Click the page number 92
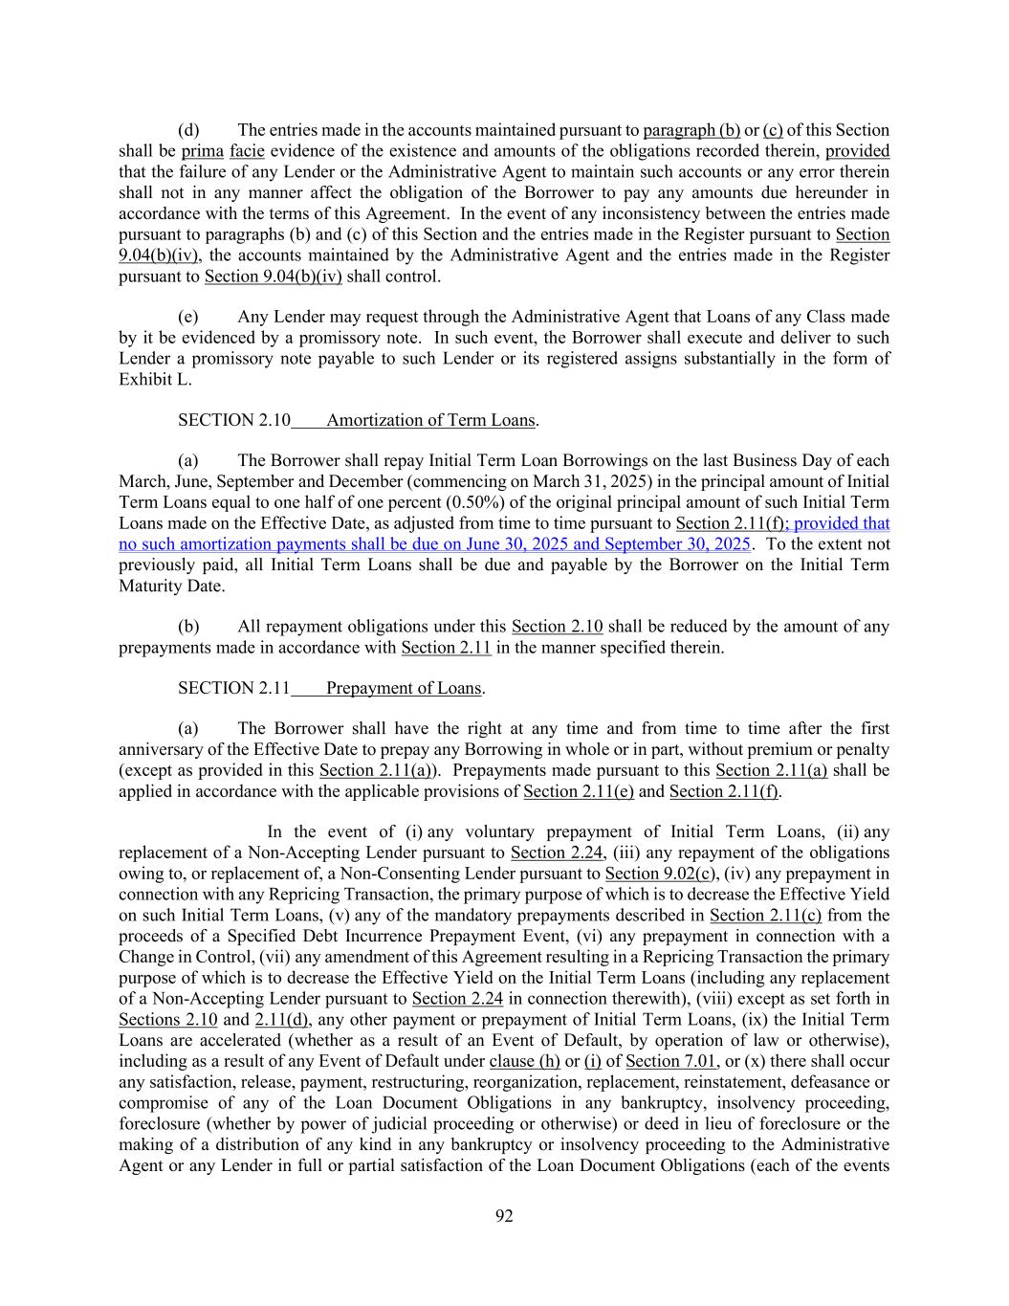click(504, 1216)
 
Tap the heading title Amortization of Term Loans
click(430, 420)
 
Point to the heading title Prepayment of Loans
click(404, 688)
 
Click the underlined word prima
click(202, 151)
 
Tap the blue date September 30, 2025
click(678, 544)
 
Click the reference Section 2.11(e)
click(579, 791)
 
